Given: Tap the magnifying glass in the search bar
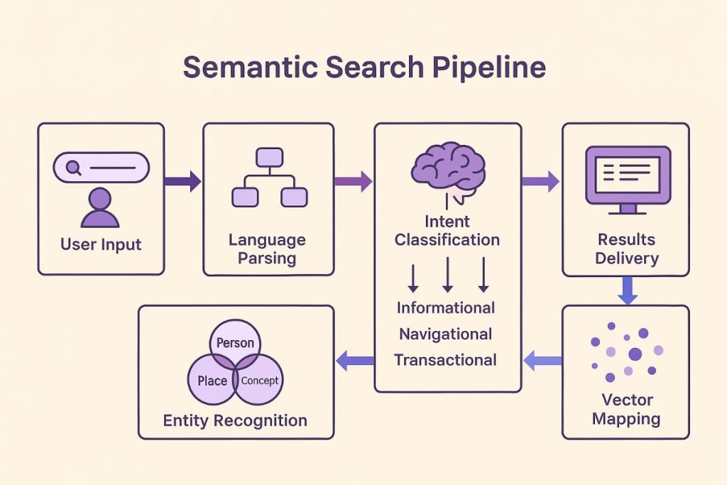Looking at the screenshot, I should tap(72, 168).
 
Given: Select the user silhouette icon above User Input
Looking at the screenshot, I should tap(100, 208).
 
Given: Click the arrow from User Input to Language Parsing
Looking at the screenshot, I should tap(182, 182).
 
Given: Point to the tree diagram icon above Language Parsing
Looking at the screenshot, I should tap(269, 177).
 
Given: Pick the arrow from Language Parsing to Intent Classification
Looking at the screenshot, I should tap(353, 182).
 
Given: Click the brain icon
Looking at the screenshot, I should tap(448, 169).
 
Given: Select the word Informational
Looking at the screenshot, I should tap(446, 307).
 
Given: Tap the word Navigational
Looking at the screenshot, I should tap(446, 334).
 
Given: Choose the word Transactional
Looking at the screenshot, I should tap(446, 360).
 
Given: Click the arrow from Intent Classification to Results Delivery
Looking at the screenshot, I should tap(540, 182).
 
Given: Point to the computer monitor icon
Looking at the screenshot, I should tap(628, 178).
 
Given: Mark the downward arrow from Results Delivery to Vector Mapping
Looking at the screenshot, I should tap(627, 290).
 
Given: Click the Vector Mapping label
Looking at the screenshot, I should tap(626, 409).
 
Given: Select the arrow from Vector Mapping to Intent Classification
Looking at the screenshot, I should tap(542, 361).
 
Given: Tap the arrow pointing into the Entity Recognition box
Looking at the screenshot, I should tap(354, 361).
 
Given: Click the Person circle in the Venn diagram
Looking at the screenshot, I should tap(235, 342).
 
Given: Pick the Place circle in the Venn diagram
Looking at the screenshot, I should tap(210, 382).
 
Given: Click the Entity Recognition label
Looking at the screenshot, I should tap(235, 420).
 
